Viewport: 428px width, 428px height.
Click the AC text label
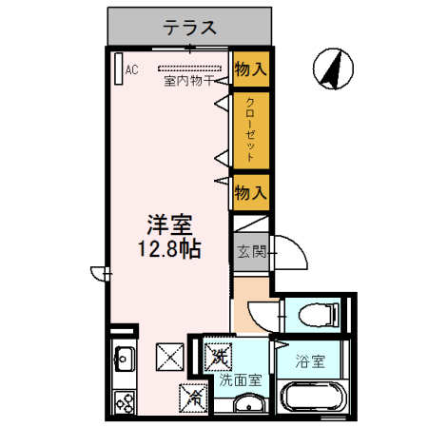coord(132,69)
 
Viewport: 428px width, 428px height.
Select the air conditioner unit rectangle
coord(118,69)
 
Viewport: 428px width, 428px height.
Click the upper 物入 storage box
coord(250,68)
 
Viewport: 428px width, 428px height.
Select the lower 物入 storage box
coord(250,193)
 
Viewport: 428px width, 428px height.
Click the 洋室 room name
coord(169,227)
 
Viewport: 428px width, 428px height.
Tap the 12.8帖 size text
coord(169,251)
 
